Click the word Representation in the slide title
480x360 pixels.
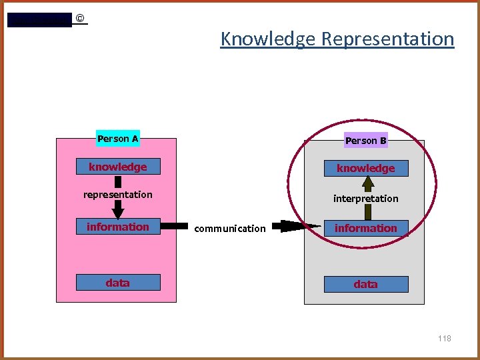[x=387, y=39]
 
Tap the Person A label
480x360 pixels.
[x=118, y=139]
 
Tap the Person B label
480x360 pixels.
[x=365, y=141]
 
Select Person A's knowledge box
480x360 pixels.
[x=118, y=167]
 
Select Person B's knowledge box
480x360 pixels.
[x=365, y=169]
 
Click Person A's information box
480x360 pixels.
[x=118, y=227]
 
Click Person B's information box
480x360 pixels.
[x=365, y=229]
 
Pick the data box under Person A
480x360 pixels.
[x=118, y=283]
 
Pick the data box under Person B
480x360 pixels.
[x=365, y=284]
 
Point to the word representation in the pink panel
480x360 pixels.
[x=118, y=195]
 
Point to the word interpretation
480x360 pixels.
[x=365, y=199]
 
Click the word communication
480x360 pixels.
[x=229, y=229]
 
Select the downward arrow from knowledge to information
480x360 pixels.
[x=118, y=209]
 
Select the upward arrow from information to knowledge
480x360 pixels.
[x=365, y=212]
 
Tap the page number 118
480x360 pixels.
[x=445, y=339]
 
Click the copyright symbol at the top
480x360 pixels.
[x=80, y=19]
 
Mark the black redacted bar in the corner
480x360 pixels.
[x=39, y=20]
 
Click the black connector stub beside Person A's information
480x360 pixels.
[x=175, y=227]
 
